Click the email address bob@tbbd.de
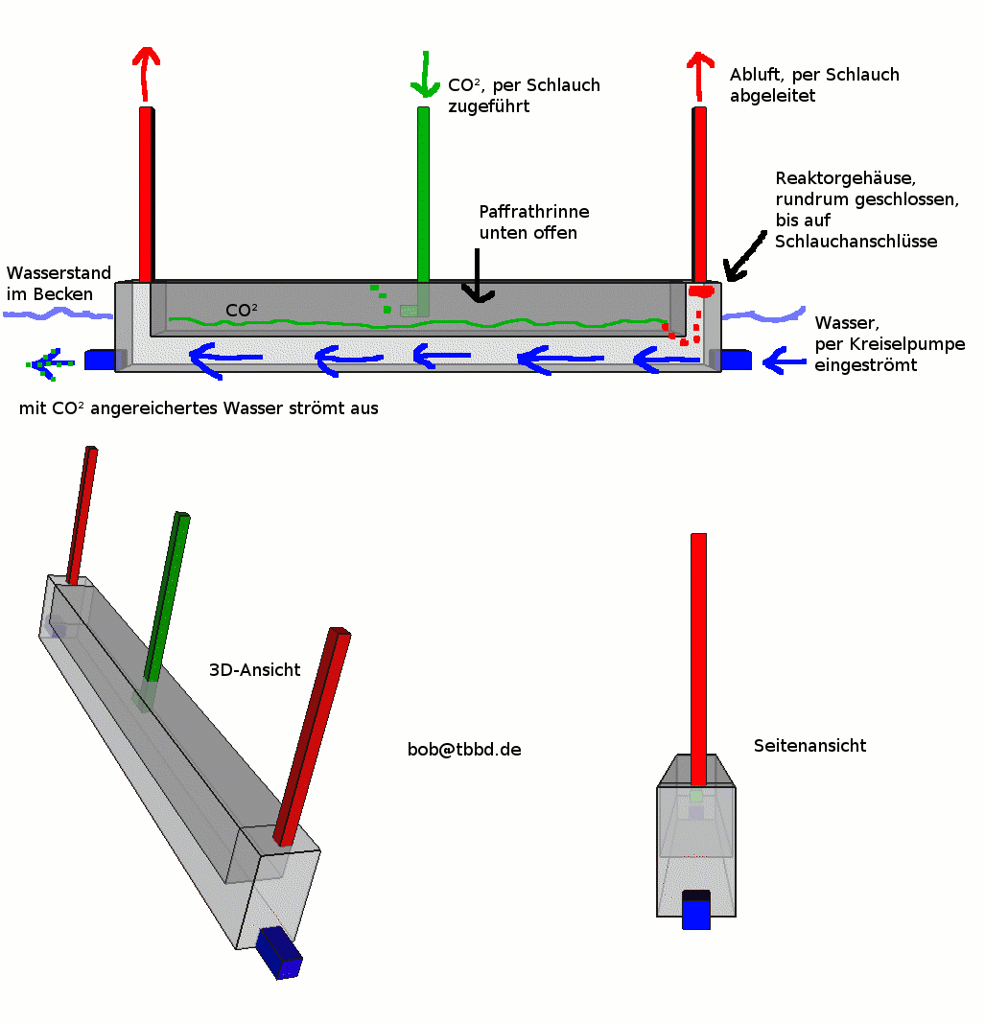coord(464,750)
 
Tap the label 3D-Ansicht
coord(254,670)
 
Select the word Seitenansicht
coord(809,745)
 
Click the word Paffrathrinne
coord(534,212)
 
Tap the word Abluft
coord(754,75)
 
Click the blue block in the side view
coord(696,910)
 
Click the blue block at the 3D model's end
coord(279,954)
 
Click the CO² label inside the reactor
coord(242,311)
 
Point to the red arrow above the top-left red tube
coord(145,72)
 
